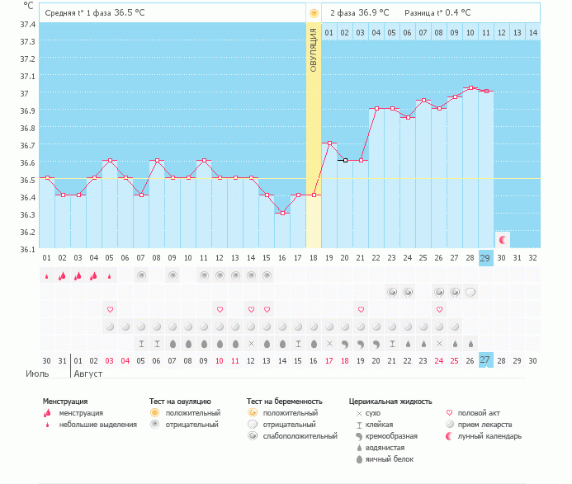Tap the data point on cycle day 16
coord(282,213)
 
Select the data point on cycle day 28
coord(470,87)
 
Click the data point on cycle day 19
coord(329,143)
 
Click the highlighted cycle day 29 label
coord(486,257)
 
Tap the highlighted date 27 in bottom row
coord(486,359)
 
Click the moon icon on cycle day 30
coord(502,239)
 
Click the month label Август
coord(89,373)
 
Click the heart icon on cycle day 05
coord(110,309)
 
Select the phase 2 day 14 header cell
coord(533,33)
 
